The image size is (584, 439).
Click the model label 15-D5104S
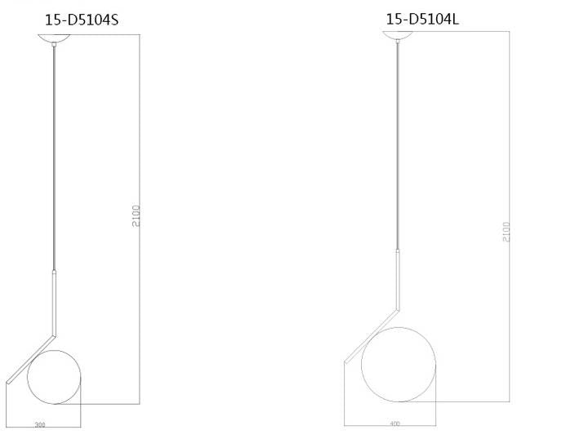click(81, 20)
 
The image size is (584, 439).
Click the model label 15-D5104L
click(422, 19)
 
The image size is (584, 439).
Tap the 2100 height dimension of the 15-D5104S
click(136, 215)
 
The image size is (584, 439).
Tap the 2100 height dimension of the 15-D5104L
click(506, 231)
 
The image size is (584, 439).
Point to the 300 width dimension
click(39, 425)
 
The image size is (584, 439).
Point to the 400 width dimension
click(395, 424)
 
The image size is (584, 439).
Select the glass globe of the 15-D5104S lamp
click(54, 376)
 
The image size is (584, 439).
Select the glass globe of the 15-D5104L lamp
click(398, 361)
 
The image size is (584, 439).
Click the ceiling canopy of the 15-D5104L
click(399, 34)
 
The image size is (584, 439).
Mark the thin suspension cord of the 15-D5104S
click(55, 155)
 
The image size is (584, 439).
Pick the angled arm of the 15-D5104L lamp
click(372, 336)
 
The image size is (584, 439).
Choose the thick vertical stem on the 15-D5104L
click(399, 279)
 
